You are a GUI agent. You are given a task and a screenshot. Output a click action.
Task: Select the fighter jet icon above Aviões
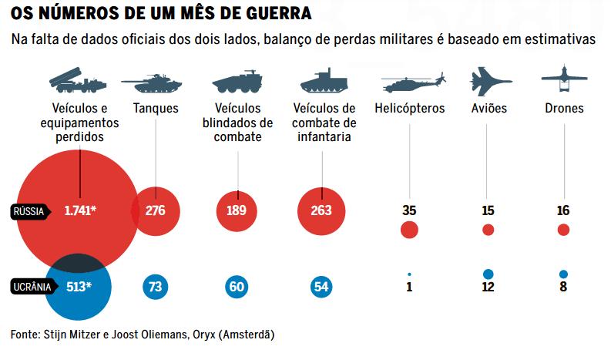[x=489, y=80]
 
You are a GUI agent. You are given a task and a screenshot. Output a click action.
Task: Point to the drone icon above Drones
[x=564, y=78]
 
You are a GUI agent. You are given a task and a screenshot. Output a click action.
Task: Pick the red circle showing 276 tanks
[x=156, y=210]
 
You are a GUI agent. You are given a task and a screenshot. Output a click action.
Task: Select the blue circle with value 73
[x=155, y=287]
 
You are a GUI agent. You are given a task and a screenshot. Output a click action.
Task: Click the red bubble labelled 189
[x=237, y=210]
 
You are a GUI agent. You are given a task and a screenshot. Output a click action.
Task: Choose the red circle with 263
[x=321, y=210]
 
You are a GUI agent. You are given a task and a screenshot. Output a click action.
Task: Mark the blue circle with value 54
[x=321, y=287]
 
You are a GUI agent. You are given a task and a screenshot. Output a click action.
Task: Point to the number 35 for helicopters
[x=409, y=210]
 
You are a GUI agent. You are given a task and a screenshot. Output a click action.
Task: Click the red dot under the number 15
[x=488, y=230]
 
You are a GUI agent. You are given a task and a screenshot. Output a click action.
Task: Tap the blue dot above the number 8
[x=563, y=274]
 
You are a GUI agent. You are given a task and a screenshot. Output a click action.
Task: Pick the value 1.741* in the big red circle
[x=80, y=210]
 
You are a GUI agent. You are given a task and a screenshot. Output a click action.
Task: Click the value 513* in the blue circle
[x=79, y=287]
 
